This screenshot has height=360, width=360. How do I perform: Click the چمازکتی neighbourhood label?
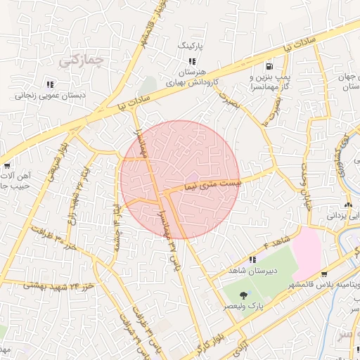(81, 60)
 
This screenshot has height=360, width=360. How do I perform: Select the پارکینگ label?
(189, 44)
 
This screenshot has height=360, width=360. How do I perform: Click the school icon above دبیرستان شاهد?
(252, 259)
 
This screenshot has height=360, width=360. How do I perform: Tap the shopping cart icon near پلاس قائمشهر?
(323, 274)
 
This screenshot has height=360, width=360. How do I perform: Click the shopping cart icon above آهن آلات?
(8, 166)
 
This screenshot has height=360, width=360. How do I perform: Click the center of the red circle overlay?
(180, 180)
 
